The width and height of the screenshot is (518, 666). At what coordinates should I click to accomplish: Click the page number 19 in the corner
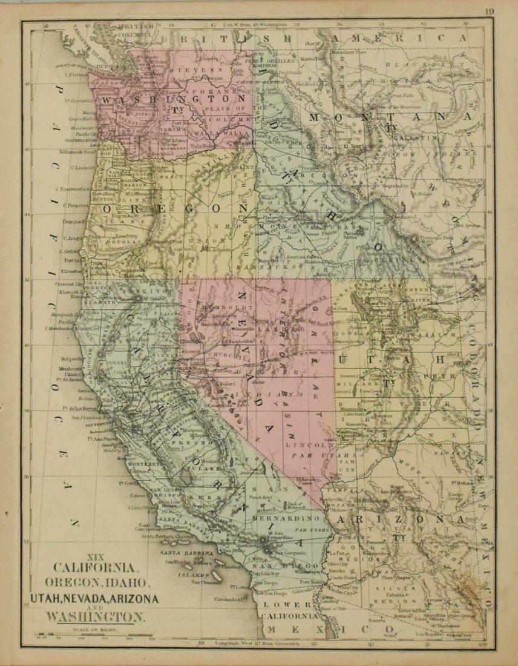489,10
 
